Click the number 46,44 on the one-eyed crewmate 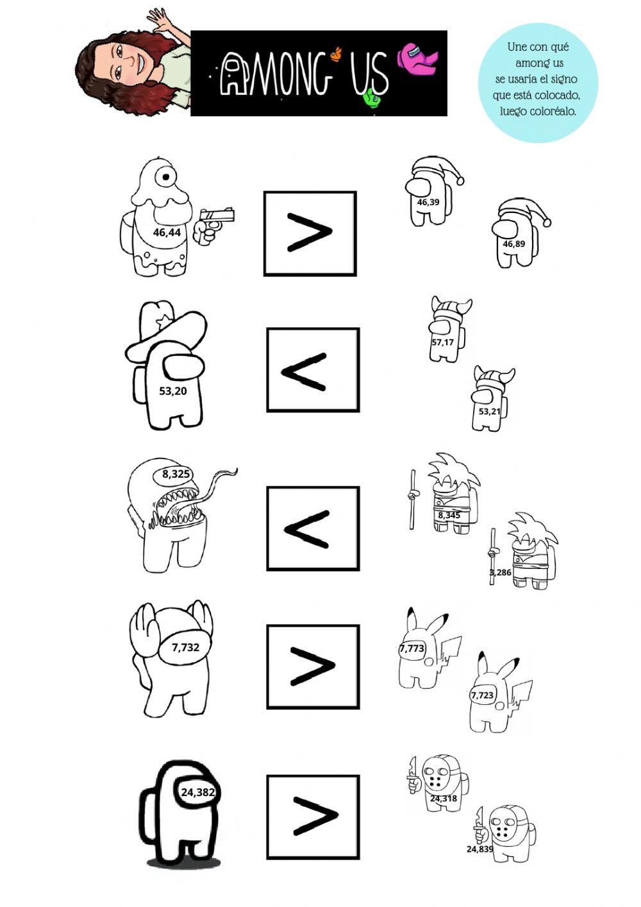pyautogui.click(x=167, y=232)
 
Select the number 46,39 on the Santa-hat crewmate pyautogui.click(x=428, y=202)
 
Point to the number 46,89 pyautogui.click(x=513, y=244)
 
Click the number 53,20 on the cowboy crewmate pyautogui.click(x=173, y=391)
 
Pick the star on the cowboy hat pyautogui.click(x=165, y=320)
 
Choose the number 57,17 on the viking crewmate pyautogui.click(x=442, y=342)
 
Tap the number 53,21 pyautogui.click(x=489, y=411)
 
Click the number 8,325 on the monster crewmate pyautogui.click(x=176, y=474)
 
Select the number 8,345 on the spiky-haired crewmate pyautogui.click(x=449, y=514)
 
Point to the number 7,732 pyautogui.click(x=185, y=647)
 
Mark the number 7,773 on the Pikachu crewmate pyautogui.click(x=412, y=648)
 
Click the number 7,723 pyautogui.click(x=482, y=695)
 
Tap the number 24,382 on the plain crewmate pyautogui.click(x=197, y=792)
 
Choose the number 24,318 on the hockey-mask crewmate pyautogui.click(x=444, y=799)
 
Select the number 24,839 pyautogui.click(x=479, y=849)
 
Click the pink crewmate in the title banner pyautogui.click(x=417, y=56)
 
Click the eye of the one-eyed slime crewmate pyautogui.click(x=167, y=176)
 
